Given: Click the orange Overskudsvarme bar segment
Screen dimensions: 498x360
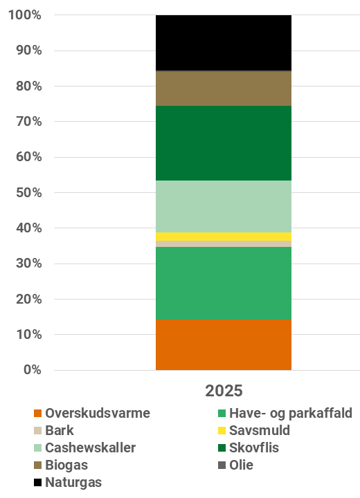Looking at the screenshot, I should coord(223,344).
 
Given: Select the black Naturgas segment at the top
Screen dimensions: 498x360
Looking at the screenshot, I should coord(223,43).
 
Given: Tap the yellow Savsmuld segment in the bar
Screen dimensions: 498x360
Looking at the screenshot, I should coord(223,236).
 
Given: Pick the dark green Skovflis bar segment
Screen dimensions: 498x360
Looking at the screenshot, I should coord(223,143).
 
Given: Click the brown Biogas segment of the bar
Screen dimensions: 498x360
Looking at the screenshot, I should coord(223,89).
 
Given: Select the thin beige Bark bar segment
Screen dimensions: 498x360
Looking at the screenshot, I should coord(223,243).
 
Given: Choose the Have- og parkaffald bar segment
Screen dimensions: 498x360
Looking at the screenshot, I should coord(223,283).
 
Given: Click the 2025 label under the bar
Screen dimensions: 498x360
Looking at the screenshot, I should coord(224,391).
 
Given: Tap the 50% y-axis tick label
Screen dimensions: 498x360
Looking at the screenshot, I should coord(28,192).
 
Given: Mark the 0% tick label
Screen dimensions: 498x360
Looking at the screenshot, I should coord(32,370).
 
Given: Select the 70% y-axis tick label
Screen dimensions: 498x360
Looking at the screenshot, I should coord(28,122).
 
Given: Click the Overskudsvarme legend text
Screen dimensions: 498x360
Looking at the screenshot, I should coord(98,414).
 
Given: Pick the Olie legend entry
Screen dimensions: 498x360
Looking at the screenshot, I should coord(241,465).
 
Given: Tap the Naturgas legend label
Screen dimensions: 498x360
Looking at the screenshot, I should coord(73,482).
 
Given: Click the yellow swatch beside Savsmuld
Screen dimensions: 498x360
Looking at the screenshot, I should coord(221,431).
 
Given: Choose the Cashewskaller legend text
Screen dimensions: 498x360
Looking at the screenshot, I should coord(91,448).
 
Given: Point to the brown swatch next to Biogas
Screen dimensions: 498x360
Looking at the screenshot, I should coord(37,465).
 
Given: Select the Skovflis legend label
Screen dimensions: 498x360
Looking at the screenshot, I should coord(254,448).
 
